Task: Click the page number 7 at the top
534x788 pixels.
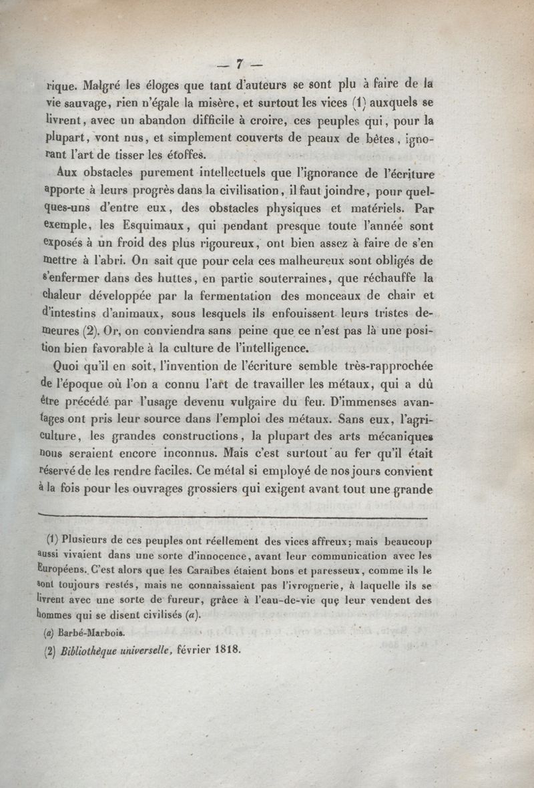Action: point(238,65)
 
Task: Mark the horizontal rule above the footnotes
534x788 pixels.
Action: point(233,516)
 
